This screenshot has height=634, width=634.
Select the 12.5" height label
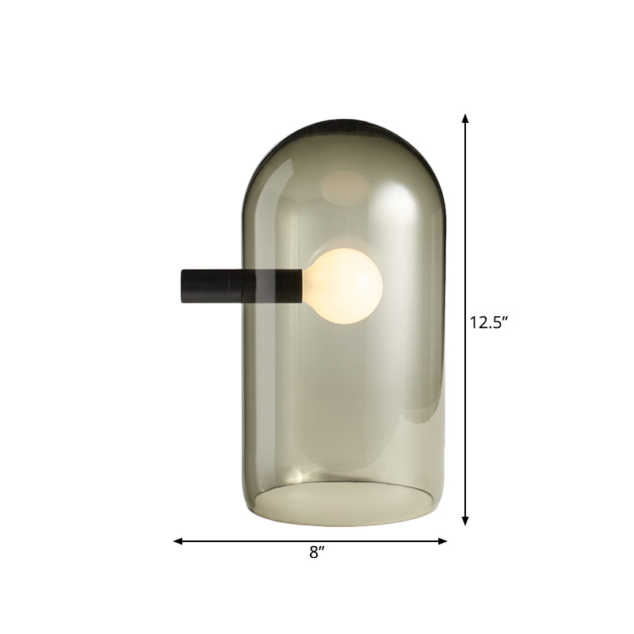[488, 323]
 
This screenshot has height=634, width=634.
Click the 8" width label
[318, 553]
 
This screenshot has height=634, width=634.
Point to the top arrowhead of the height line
[465, 119]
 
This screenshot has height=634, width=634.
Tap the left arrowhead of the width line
[178, 541]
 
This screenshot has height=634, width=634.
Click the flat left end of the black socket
[183, 285]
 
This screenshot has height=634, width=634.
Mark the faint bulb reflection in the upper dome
[345, 186]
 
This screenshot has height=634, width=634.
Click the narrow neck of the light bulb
[309, 284]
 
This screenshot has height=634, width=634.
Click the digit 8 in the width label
[314, 553]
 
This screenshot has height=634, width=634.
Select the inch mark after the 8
[323, 548]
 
